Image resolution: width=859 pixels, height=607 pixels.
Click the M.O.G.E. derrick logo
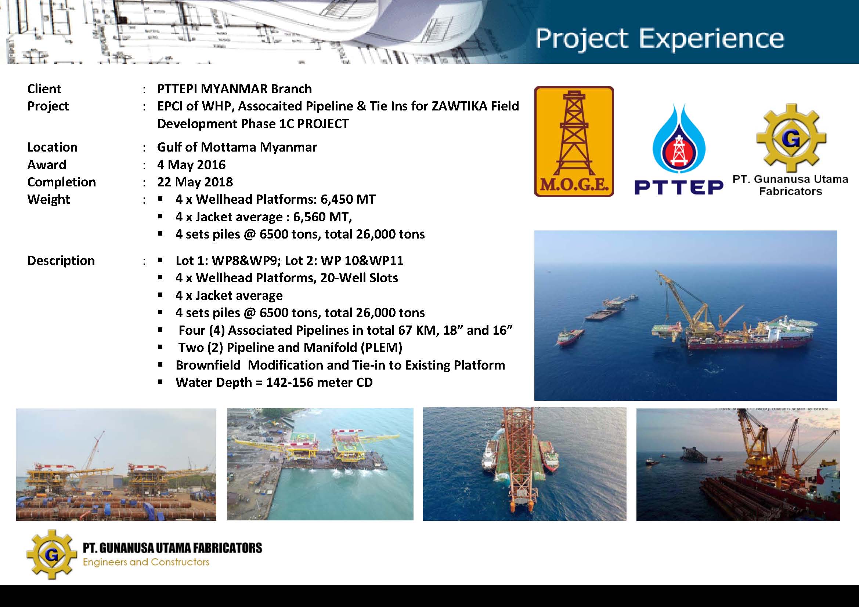[x=574, y=141]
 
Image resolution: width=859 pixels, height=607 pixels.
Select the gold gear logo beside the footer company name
[x=52, y=554]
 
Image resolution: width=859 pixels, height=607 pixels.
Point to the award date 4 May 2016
[x=192, y=165]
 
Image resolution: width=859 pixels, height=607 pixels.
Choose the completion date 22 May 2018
[x=195, y=182]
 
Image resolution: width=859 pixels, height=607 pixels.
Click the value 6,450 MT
[x=348, y=199]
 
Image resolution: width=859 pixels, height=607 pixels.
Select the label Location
[x=53, y=147]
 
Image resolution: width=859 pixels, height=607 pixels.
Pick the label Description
[x=61, y=261]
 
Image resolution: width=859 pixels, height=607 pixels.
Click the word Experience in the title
[x=712, y=39]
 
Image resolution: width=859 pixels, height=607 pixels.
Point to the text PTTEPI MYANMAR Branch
[x=234, y=89]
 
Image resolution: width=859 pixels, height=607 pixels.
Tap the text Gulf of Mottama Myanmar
[x=237, y=147]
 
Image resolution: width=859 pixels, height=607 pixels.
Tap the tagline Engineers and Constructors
[x=146, y=562]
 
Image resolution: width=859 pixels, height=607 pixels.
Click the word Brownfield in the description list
[x=208, y=365]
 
